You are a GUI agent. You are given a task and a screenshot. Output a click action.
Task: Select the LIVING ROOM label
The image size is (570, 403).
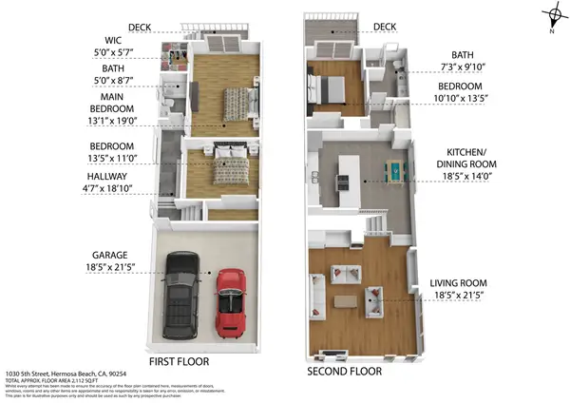coord(458,283)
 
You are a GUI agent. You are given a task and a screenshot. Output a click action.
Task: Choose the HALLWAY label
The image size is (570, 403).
coord(109,177)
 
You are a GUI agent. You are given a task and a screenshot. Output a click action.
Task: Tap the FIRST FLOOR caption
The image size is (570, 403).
coord(179,362)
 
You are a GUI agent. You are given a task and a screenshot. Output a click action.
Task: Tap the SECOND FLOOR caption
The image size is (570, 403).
coord(343,371)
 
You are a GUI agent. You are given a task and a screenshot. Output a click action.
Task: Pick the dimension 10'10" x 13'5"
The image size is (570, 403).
coord(463,98)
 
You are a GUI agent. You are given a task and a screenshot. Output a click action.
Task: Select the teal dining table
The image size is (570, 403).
coord(392,171)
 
